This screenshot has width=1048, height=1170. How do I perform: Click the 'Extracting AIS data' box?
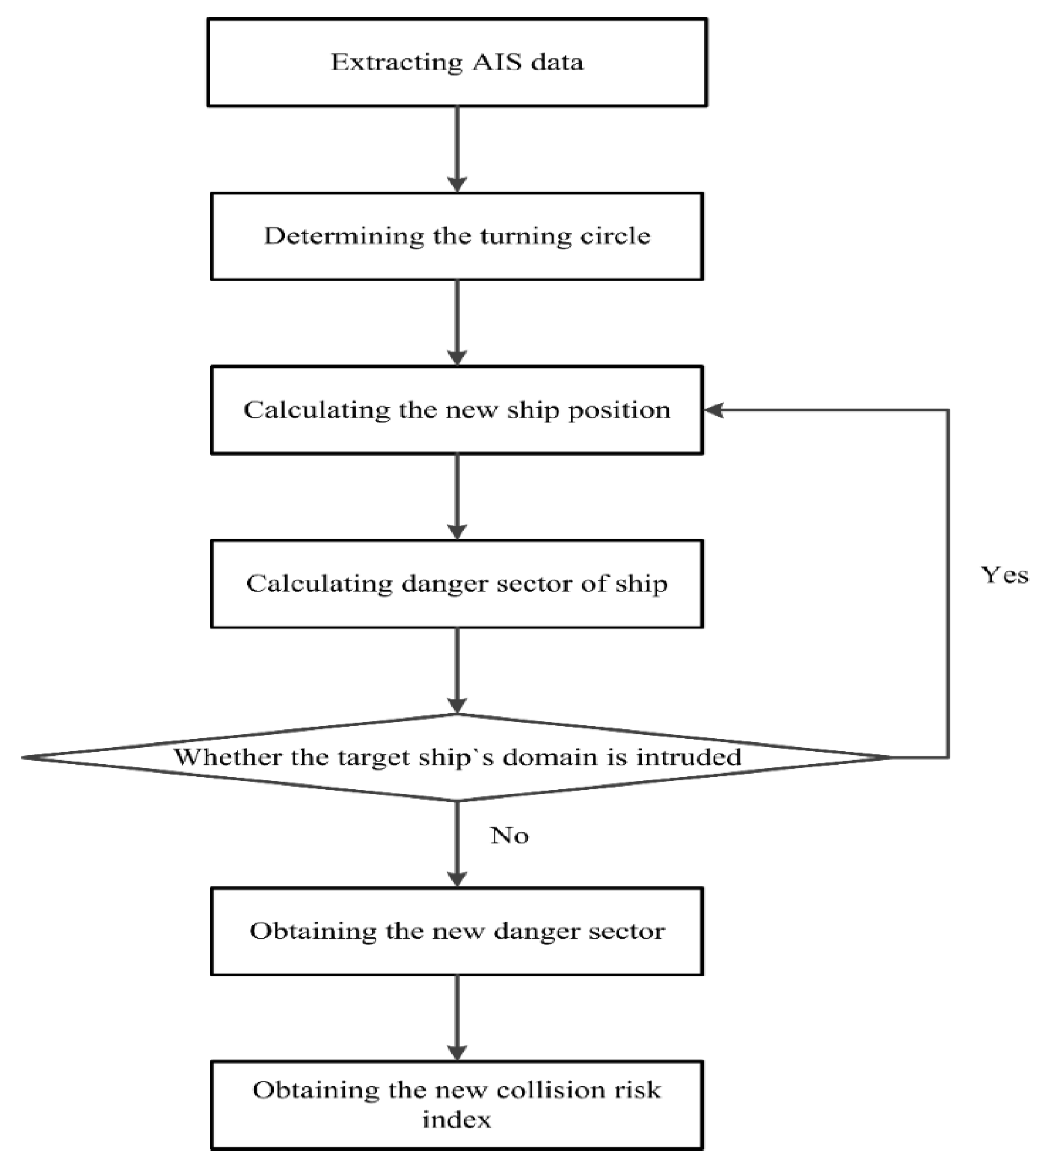coord(457,62)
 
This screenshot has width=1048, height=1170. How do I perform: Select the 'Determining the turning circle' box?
coord(457,236)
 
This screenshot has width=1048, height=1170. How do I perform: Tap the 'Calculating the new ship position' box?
coord(457,410)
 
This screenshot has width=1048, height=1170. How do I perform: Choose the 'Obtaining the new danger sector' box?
coord(457,931)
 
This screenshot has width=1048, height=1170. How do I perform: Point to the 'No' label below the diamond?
coord(510,836)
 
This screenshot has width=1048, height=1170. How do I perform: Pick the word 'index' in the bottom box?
coord(457,1120)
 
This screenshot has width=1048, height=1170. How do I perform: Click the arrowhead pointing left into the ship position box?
coord(713,410)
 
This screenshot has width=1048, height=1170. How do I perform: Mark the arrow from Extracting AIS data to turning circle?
coord(457,149)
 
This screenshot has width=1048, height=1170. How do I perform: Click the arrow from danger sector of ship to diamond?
coord(457,670)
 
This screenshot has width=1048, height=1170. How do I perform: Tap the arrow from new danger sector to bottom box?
coord(457,1017)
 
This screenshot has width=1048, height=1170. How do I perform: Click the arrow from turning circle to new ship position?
coord(457,322)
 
